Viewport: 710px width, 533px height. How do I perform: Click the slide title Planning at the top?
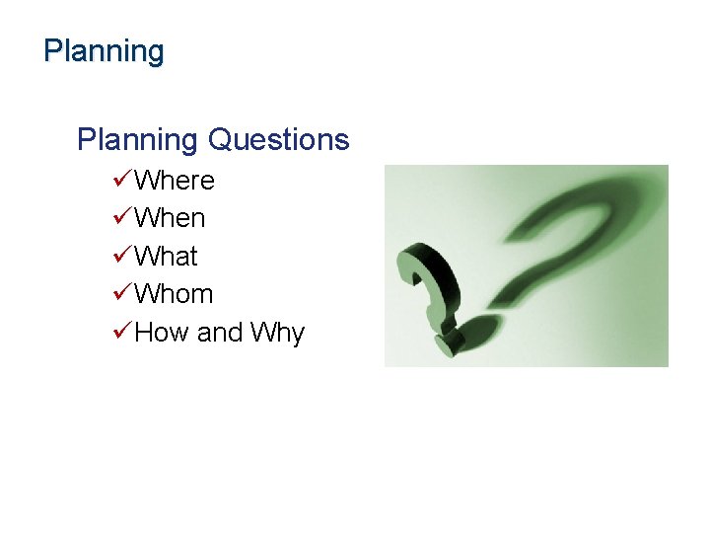tap(104, 51)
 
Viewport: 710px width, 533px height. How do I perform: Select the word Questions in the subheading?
tap(279, 140)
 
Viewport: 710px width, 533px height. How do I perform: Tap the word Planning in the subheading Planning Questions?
tap(138, 140)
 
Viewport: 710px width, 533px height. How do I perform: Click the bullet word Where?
tap(174, 181)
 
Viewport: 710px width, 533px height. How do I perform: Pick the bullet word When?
tap(170, 218)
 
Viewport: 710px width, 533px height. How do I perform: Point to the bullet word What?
tap(166, 257)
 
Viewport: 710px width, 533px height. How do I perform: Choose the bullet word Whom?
tap(174, 294)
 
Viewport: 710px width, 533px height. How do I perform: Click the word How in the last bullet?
tap(162, 333)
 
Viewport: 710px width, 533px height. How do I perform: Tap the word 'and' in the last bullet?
tap(219, 333)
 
